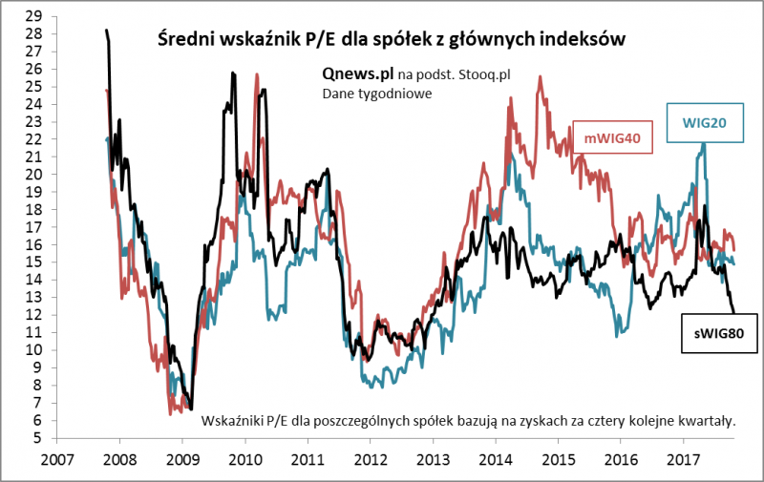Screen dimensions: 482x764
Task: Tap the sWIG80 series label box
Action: (x=719, y=333)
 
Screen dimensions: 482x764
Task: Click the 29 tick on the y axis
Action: (x=34, y=16)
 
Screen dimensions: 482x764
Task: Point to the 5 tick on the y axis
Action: (x=38, y=439)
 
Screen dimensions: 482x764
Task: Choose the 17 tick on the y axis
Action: (x=34, y=228)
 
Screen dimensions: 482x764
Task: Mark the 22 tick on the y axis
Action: (x=34, y=139)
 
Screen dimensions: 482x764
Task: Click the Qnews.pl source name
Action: (x=358, y=73)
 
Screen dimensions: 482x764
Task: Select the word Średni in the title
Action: (x=183, y=40)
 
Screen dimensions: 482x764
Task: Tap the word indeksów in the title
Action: (x=585, y=40)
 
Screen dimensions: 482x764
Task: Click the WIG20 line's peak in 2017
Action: (x=704, y=144)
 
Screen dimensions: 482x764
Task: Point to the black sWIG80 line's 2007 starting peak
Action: (x=106, y=31)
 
